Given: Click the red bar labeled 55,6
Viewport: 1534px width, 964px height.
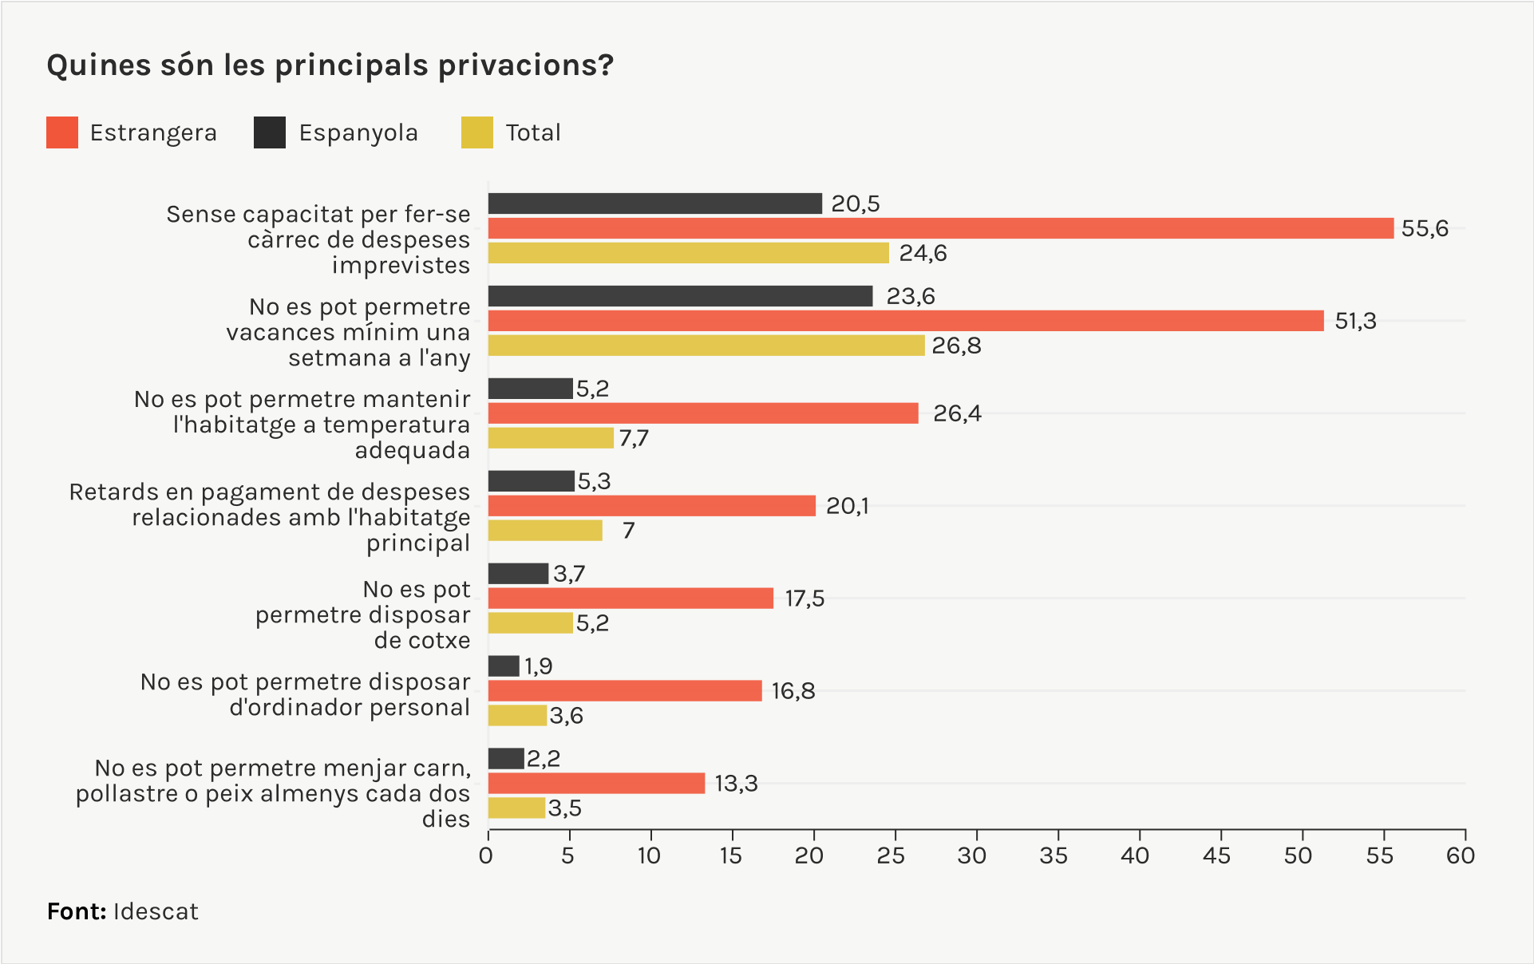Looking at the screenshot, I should click(940, 228).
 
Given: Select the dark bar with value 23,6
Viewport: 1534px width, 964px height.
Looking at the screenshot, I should click(680, 296).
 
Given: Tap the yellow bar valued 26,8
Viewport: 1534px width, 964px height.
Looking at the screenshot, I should click(706, 346).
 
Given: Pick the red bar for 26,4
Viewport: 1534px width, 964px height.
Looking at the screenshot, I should click(703, 413).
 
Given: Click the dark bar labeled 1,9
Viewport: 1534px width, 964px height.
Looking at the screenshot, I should click(504, 666).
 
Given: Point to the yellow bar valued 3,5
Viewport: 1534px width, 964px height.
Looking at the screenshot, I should click(516, 808).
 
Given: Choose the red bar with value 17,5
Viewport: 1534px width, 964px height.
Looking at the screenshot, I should click(631, 599).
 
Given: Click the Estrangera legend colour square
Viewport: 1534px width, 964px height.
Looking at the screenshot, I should click(62, 132).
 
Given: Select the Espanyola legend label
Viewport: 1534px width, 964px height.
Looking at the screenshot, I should click(358, 132).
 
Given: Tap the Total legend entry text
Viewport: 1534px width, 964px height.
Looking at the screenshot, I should click(533, 132).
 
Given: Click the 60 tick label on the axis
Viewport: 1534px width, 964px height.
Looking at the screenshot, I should click(1461, 855).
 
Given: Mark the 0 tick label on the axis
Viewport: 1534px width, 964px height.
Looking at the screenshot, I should click(486, 855).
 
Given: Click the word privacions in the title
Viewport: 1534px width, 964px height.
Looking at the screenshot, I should click(526, 65).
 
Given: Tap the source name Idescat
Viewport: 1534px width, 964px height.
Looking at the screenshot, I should click(156, 911).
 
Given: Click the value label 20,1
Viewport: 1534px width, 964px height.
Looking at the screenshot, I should click(847, 506).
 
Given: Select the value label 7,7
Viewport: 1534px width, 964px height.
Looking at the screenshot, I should click(634, 438).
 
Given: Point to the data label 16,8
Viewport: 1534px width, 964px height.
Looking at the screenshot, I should click(793, 691).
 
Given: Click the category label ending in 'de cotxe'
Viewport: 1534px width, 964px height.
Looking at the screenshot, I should click(363, 614).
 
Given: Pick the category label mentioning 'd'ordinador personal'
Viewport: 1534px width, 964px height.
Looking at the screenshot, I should click(306, 694).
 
